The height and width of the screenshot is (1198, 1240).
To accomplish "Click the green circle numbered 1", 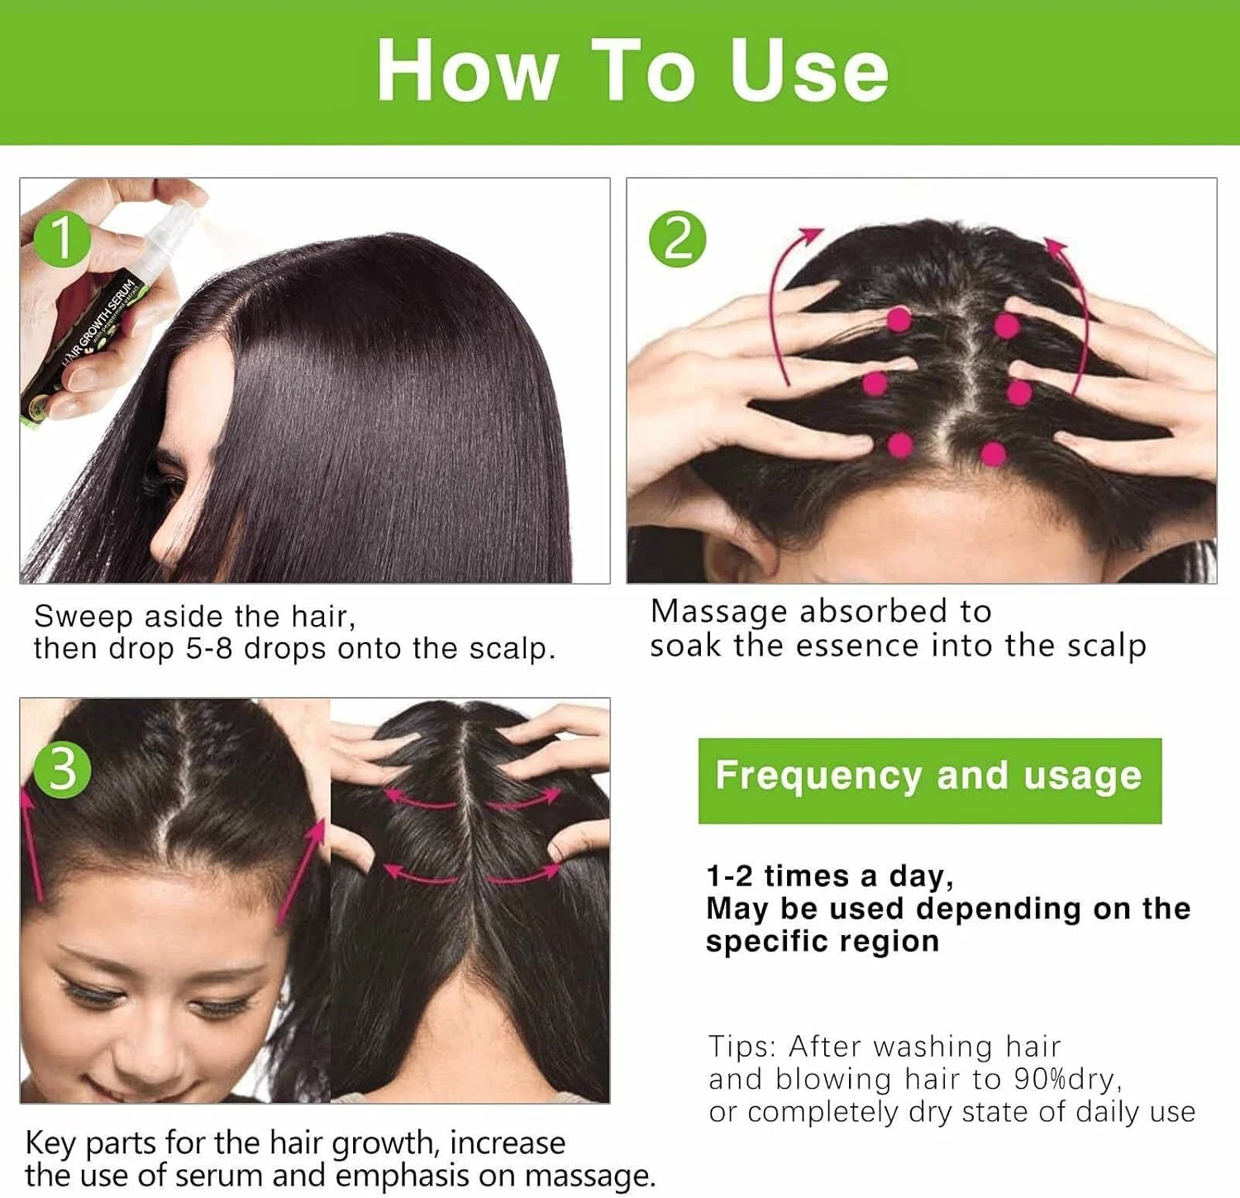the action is [62, 239].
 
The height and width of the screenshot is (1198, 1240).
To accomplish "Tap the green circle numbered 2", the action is [677, 239].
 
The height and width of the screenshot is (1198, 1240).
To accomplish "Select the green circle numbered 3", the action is [62, 769].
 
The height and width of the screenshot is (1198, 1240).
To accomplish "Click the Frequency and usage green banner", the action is [930, 780].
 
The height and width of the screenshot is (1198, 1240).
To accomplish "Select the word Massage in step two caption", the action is [719, 613].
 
